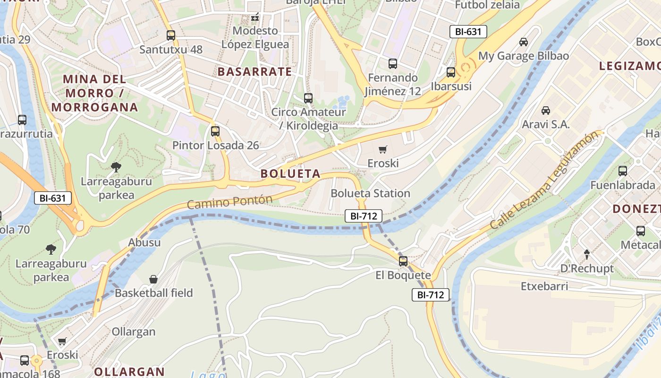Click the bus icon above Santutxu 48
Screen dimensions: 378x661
[171, 35]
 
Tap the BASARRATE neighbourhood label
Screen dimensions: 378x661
[254, 72]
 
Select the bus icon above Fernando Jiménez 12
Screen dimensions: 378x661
[392, 64]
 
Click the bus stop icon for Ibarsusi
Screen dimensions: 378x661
[451, 72]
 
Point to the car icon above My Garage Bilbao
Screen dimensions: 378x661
[524, 42]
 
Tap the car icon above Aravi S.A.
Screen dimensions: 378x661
[546, 111]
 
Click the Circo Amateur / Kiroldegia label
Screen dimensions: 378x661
[308, 119]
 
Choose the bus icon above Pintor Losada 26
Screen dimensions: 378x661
[215, 131]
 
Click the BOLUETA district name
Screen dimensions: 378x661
[290, 173]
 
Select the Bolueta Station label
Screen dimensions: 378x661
[370, 193]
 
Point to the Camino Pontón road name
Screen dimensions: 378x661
[230, 202]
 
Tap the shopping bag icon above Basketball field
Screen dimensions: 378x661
[153, 279]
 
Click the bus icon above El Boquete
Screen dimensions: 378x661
[403, 261]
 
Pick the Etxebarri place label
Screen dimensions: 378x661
[544, 286]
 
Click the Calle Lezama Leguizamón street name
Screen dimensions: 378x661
[547, 180]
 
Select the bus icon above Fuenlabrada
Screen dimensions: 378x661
[623, 171]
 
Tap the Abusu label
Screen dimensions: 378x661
[144, 243]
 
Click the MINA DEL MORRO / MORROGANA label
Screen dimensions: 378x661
[94, 93]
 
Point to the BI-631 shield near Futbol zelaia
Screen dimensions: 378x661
[468, 32]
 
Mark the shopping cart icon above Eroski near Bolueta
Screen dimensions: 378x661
[383, 150]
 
